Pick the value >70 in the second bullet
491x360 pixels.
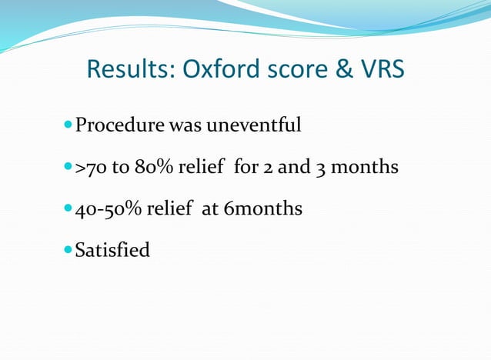pyautogui.click(x=91, y=167)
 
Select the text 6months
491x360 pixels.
pyautogui.click(x=262, y=208)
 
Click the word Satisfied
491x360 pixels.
pyautogui.click(x=112, y=250)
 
